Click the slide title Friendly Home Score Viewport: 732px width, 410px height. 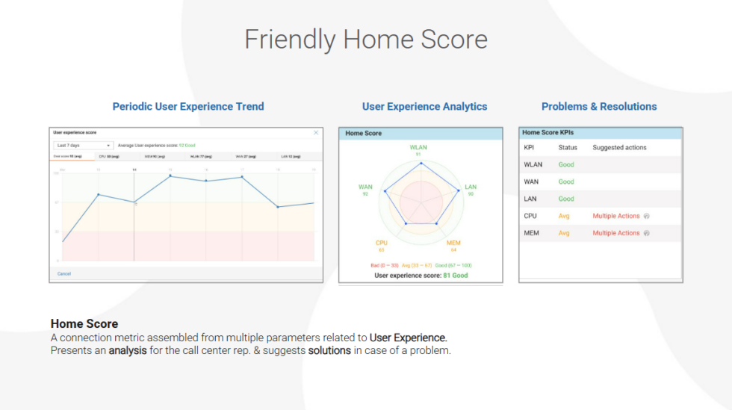click(x=365, y=39)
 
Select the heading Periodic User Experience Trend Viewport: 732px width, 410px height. click(x=187, y=106)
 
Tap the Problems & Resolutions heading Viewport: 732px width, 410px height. click(x=599, y=106)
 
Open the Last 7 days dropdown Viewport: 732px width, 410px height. click(x=83, y=145)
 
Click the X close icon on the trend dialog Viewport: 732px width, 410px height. click(x=316, y=132)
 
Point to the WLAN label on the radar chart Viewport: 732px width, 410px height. click(x=418, y=147)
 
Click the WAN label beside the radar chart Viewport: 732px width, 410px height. click(x=365, y=187)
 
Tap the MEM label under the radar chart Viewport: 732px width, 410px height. click(x=453, y=243)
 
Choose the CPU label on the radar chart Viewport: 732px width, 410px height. click(x=381, y=243)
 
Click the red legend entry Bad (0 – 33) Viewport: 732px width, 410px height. click(x=385, y=265)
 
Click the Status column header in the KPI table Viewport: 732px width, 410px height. click(x=568, y=147)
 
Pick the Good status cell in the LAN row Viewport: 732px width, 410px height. click(x=566, y=199)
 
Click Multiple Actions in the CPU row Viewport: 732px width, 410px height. click(x=616, y=216)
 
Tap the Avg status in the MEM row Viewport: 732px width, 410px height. click(x=564, y=233)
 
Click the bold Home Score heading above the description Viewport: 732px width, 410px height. click(x=84, y=323)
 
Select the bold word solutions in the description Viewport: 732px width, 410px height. click(x=329, y=350)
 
